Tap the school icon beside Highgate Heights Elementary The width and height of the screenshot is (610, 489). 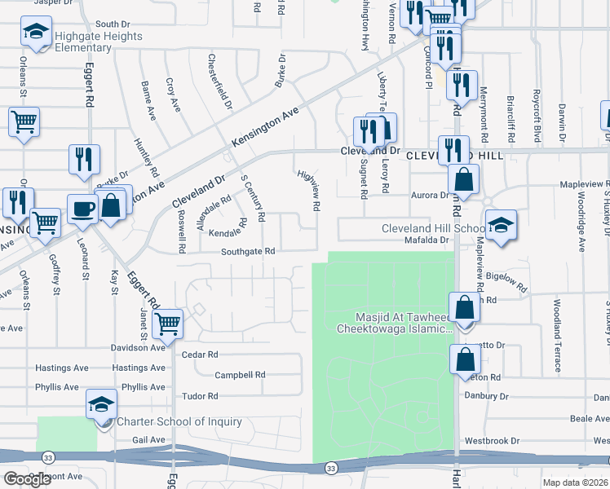point(35,32)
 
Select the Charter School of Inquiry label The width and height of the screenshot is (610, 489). point(179,421)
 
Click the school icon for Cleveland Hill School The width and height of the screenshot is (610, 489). point(500,226)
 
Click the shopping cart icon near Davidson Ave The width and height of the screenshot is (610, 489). point(167,324)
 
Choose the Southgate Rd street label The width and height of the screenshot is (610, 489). point(246,252)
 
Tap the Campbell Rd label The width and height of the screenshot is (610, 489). point(240,375)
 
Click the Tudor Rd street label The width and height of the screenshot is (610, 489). point(201,396)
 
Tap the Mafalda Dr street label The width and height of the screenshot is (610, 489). point(427,240)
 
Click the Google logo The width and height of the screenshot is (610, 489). point(28,479)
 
